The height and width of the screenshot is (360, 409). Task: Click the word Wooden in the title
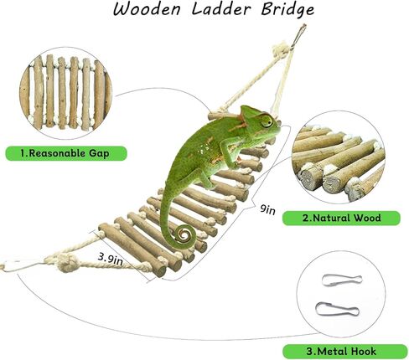pos(147,9)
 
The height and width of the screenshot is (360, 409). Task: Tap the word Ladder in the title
pos(220,9)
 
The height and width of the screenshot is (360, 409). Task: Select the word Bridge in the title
pos(287,10)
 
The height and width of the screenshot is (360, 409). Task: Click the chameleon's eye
pos(267,121)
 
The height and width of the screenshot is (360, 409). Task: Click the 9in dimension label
pos(267,209)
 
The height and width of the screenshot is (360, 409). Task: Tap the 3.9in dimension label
pos(110,259)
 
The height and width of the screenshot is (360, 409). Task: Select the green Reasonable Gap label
pos(66,153)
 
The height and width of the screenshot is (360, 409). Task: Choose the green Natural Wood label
pos(341,218)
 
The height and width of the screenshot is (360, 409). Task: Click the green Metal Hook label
pos(344,351)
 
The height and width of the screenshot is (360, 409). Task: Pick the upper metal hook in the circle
pos(342,280)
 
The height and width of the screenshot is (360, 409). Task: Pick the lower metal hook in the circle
pos(337,309)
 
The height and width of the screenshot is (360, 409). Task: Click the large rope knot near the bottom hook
pos(67,263)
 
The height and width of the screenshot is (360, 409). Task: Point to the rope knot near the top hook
pos(281,50)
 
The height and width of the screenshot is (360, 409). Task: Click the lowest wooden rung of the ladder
pos(132,250)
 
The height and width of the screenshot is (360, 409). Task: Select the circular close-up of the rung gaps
pos(66,93)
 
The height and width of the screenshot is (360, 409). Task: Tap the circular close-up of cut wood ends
pos(338,157)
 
